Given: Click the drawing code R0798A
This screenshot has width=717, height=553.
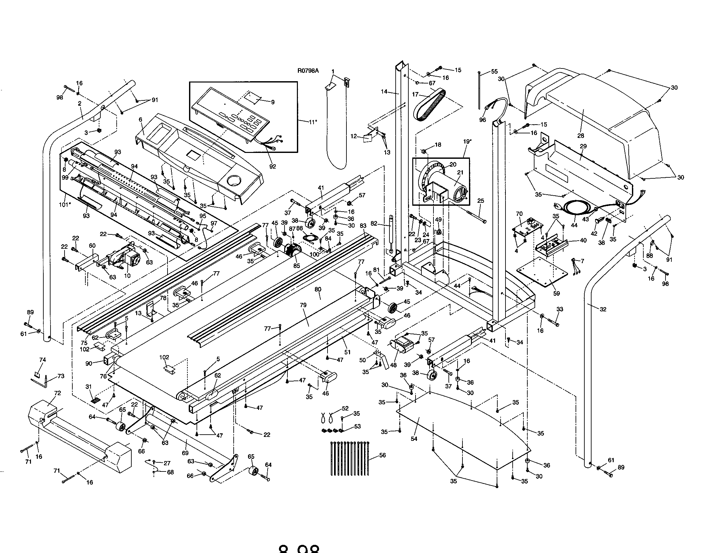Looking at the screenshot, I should [x=308, y=71].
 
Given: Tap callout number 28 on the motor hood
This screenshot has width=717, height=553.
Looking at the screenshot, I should [x=581, y=135].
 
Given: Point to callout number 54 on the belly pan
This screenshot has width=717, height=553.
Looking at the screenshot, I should [x=414, y=439].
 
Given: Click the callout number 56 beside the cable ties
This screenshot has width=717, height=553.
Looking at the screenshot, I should [x=382, y=455].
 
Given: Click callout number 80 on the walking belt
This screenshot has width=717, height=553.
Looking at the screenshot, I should [x=318, y=289].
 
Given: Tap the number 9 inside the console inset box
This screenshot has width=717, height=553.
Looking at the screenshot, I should [x=273, y=102].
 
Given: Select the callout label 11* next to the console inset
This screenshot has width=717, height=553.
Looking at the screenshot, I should [x=313, y=122].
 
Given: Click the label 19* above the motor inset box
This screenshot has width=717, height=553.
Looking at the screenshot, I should [x=467, y=142].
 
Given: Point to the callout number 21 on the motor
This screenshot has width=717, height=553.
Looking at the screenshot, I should [x=460, y=172].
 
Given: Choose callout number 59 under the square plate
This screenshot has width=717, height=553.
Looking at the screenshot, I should [x=556, y=293].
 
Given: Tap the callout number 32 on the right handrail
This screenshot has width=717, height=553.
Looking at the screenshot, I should [x=603, y=309].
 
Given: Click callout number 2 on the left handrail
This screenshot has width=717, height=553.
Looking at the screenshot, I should [x=80, y=103].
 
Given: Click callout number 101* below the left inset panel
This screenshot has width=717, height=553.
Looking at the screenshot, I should [x=65, y=204].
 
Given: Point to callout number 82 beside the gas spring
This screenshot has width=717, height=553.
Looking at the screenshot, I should [x=374, y=224].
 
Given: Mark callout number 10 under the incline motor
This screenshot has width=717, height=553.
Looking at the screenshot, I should [x=127, y=276].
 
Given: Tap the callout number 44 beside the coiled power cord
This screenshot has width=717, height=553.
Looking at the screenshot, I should [x=574, y=226].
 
